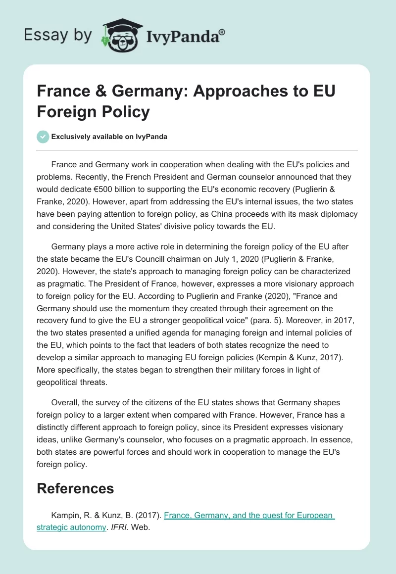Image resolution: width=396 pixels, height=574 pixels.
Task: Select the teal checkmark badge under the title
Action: point(43,137)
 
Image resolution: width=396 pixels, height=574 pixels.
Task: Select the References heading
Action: point(75,488)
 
